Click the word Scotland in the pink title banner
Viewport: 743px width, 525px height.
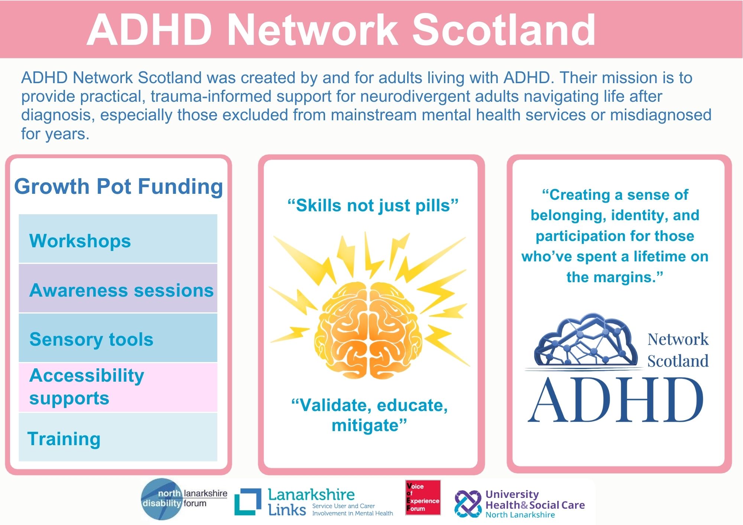(504, 30)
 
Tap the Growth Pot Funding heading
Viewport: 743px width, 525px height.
(119, 186)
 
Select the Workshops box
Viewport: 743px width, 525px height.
(118, 238)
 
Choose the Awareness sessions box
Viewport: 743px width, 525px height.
(118, 288)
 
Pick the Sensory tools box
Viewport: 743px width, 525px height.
(118, 337)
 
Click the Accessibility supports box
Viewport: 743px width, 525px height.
(118, 387)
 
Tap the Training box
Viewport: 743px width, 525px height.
(118, 437)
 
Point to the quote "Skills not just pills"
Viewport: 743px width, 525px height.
(373, 205)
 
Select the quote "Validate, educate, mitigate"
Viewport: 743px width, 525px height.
(370, 415)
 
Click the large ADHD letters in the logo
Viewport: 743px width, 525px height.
(616, 400)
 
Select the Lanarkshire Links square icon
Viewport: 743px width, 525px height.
(248, 502)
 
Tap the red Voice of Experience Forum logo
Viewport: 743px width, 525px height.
(423, 497)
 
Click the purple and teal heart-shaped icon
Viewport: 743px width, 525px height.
(468, 504)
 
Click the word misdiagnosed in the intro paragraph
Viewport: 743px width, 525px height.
(661, 115)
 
